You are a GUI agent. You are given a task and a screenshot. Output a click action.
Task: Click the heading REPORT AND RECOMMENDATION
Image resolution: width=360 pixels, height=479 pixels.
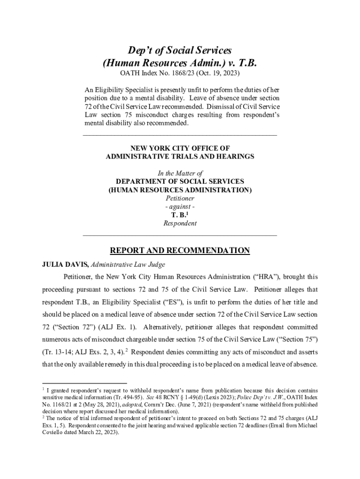click(x=180, y=251)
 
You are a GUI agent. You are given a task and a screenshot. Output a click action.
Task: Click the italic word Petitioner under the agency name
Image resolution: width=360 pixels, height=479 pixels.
click(x=180, y=198)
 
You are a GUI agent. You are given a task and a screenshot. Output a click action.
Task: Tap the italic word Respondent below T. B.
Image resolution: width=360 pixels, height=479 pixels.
click(x=180, y=223)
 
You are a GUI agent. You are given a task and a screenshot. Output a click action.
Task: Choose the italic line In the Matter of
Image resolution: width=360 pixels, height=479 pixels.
click(x=180, y=173)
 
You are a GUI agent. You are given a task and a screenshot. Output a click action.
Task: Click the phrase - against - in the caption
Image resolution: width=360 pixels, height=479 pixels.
click(x=180, y=206)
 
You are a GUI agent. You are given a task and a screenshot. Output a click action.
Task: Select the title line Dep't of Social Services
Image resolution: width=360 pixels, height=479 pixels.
click(x=180, y=50)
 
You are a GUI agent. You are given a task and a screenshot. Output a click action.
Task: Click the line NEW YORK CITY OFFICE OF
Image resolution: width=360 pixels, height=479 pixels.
click(x=180, y=148)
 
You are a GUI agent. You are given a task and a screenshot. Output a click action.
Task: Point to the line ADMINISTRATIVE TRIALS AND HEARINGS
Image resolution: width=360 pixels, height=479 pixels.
click(x=180, y=157)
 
